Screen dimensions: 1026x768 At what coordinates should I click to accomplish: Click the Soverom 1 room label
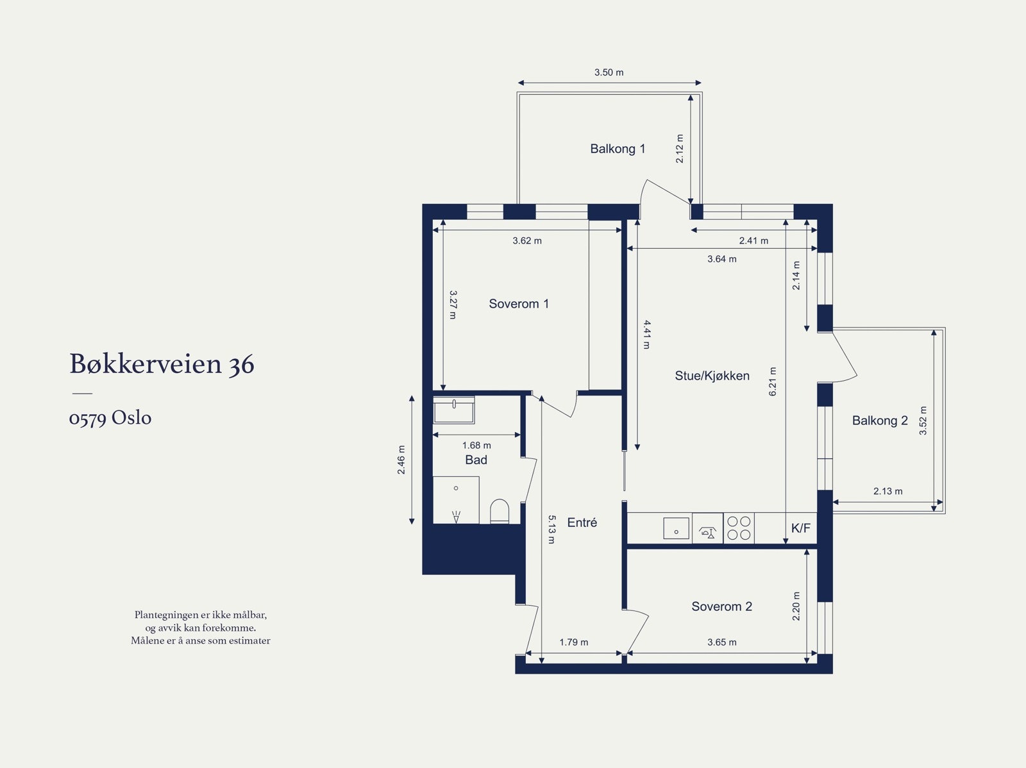[x=519, y=304]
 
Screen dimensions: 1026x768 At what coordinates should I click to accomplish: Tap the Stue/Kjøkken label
[x=712, y=376]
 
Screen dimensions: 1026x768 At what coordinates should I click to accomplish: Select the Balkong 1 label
[x=618, y=149]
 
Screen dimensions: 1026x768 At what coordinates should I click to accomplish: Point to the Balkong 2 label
[x=880, y=421]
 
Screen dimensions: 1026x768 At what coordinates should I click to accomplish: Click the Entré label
[x=582, y=522]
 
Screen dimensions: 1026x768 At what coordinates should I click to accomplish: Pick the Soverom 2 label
[x=721, y=606]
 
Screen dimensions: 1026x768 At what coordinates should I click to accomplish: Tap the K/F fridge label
[x=801, y=528]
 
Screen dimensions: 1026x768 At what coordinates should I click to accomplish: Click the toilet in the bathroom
[x=499, y=511]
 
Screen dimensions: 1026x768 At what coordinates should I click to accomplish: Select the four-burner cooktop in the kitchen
[x=739, y=528]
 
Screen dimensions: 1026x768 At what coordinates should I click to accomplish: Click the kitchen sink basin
[x=676, y=529]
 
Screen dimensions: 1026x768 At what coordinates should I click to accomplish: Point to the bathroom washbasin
[x=454, y=411]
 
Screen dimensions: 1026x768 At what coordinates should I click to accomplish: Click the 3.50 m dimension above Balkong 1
[x=609, y=72]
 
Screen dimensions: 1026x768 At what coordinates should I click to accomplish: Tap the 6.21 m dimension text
[x=772, y=381]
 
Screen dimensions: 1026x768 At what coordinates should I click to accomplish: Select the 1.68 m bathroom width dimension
[x=476, y=445]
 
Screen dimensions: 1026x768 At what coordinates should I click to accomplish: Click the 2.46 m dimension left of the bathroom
[x=401, y=460]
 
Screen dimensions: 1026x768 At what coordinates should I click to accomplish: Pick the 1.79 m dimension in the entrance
[x=573, y=642]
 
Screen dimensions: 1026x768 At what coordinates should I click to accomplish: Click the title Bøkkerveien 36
[x=162, y=364]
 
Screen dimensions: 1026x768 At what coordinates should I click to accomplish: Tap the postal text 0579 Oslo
[x=110, y=418]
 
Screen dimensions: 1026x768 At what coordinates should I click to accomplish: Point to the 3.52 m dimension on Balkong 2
[x=923, y=421]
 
